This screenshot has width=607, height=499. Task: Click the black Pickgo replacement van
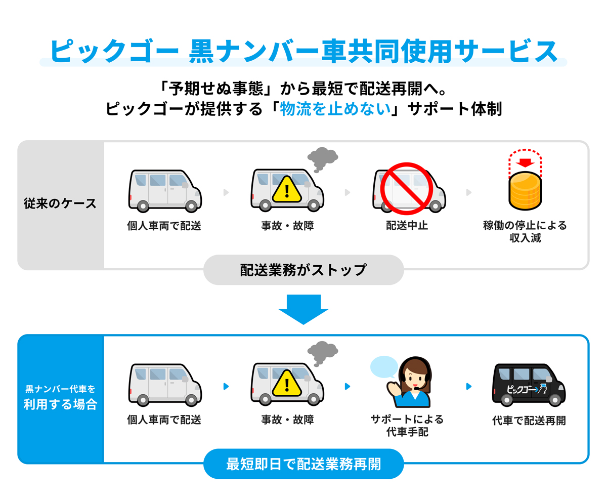(528, 385)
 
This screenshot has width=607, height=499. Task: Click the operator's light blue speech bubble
(384, 367)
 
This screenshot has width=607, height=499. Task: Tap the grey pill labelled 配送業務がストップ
(303, 270)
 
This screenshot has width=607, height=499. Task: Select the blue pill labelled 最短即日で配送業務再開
(303, 464)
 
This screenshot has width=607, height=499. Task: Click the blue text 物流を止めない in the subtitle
(337, 109)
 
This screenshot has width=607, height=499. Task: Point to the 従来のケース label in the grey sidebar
(60, 204)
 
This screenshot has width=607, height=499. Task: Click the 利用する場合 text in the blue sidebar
(60, 405)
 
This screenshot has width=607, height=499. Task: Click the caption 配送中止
(407, 226)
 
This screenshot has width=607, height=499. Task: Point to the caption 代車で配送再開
(529, 421)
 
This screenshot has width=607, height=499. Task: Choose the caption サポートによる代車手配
(407, 426)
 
